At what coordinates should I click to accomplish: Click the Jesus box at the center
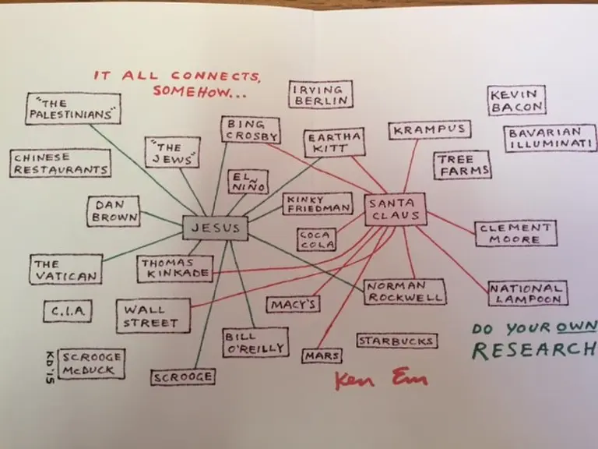tap(216, 228)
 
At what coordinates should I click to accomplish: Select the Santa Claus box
tap(394, 209)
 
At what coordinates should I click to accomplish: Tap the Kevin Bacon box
tap(516, 101)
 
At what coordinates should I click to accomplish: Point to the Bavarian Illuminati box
tap(549, 139)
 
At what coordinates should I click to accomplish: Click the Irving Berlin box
tap(320, 94)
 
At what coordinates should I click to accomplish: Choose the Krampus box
tap(428, 130)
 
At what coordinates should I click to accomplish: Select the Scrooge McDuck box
tap(90, 363)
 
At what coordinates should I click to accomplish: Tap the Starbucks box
tap(396, 341)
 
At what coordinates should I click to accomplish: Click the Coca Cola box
tap(316, 239)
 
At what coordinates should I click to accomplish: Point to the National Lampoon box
tap(527, 293)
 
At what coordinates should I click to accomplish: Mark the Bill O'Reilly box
tap(254, 342)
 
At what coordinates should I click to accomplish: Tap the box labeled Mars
tap(322, 355)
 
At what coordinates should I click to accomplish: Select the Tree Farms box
tap(463, 165)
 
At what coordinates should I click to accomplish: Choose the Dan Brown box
tap(114, 211)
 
